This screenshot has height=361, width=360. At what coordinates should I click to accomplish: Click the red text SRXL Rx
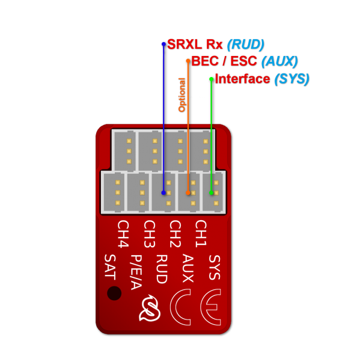pyautogui.click(x=195, y=45)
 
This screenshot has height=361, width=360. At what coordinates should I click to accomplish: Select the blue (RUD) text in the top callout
pyautogui.click(x=245, y=45)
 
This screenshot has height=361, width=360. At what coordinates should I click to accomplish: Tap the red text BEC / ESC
pyautogui.click(x=224, y=61)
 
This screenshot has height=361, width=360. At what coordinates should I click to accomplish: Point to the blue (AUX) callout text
pyautogui.click(x=279, y=61)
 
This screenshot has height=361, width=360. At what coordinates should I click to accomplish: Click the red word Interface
pyautogui.click(x=242, y=79)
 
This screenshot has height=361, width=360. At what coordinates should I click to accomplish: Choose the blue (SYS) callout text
pyautogui.click(x=291, y=79)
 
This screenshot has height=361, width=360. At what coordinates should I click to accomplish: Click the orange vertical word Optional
pyautogui.click(x=182, y=94)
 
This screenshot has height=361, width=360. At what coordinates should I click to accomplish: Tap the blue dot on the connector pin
pyautogui.click(x=163, y=193)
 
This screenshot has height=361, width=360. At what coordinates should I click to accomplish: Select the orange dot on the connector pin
pyautogui.click(x=188, y=193)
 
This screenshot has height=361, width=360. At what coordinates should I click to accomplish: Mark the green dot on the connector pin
pyautogui.click(x=211, y=193)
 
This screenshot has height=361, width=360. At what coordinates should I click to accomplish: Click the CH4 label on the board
pyautogui.click(x=123, y=234)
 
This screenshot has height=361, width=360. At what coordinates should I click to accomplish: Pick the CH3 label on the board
pyautogui.click(x=149, y=234)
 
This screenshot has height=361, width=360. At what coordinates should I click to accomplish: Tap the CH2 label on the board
pyautogui.click(x=175, y=234)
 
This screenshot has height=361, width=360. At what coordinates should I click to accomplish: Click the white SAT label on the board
pyautogui.click(x=109, y=267)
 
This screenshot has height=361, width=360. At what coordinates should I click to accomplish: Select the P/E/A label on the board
pyautogui.click(x=136, y=272)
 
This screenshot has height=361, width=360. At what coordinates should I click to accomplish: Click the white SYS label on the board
pyautogui.click(x=215, y=267)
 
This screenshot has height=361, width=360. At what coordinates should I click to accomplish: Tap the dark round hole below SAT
pyautogui.click(x=114, y=293)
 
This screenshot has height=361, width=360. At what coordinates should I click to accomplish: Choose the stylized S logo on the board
pyautogui.click(x=150, y=309)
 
